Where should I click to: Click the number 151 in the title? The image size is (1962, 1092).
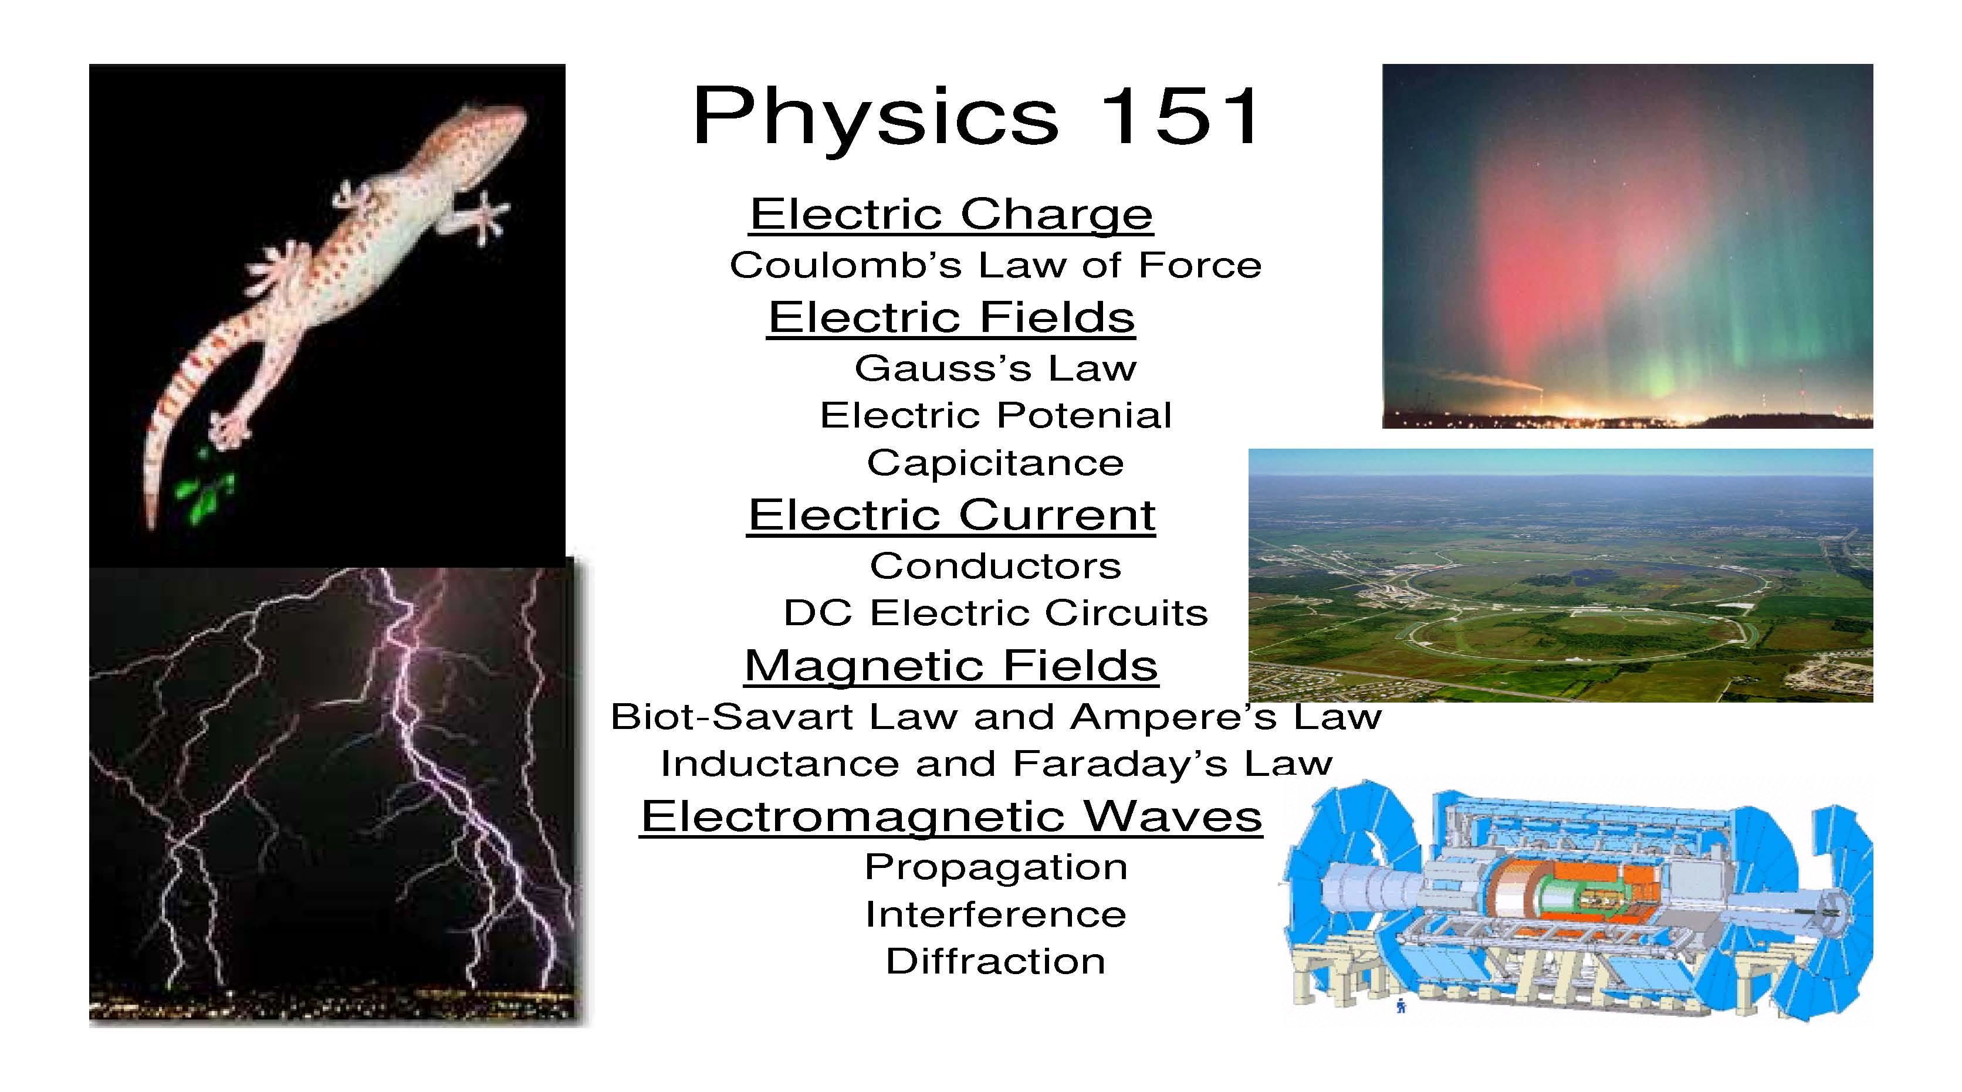(x=1178, y=116)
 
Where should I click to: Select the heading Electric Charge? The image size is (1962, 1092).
(x=951, y=214)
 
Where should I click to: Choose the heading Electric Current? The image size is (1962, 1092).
(x=951, y=515)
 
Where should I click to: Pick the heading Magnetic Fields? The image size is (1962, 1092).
(x=951, y=666)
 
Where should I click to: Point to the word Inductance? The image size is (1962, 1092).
(x=780, y=764)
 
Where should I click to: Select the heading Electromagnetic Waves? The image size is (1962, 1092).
(x=951, y=816)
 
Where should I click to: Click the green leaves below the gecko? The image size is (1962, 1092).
(x=204, y=491)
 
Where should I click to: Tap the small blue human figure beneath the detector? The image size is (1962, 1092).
(x=1401, y=1006)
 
